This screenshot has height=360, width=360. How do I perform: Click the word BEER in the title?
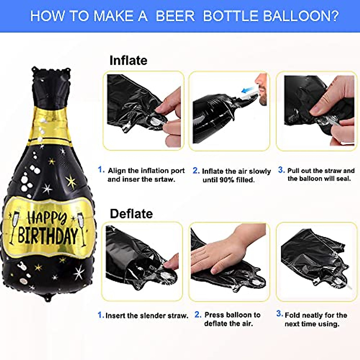pyautogui.click(x=175, y=16)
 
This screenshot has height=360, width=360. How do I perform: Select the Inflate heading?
pyautogui.click(x=128, y=60)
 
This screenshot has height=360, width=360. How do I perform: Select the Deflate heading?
pyautogui.click(x=131, y=214)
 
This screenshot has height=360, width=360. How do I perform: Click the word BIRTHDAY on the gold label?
pyautogui.click(x=48, y=235)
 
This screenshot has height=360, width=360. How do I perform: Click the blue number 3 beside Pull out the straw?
pyautogui.click(x=281, y=170)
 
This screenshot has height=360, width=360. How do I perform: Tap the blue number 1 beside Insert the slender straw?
pyautogui.click(x=100, y=315)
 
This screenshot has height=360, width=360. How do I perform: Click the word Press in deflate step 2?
pyautogui.click(x=214, y=315)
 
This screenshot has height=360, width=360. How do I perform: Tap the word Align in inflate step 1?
pyautogui.click(x=117, y=171)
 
